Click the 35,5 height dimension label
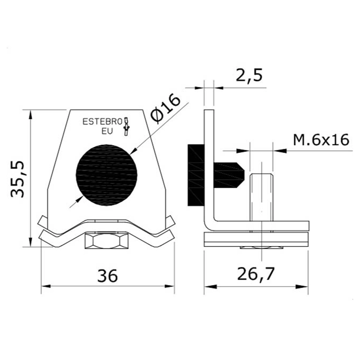coord(17,179)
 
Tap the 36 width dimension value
coord(108,276)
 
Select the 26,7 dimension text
coord(256,275)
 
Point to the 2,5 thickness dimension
coord(249,75)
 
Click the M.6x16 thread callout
coord(321,140)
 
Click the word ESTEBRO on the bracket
coord(102,121)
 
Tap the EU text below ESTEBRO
coord(107,132)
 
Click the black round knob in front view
coord(107,175)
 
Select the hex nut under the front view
coord(106,240)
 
